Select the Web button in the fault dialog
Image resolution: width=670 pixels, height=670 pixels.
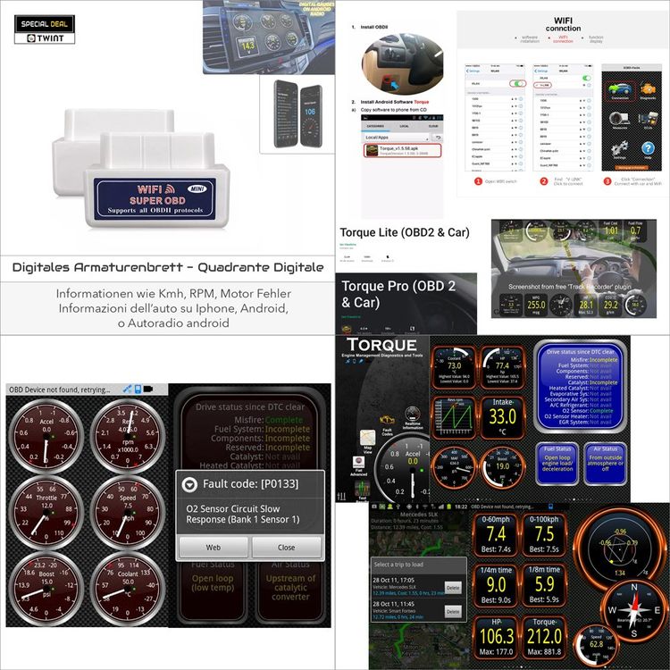click(214, 547)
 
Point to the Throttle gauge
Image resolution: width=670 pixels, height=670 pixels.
click(46, 509)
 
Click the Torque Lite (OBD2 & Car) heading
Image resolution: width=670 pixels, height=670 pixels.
click(405, 232)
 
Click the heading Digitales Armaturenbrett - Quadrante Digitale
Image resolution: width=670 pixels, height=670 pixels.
click(168, 267)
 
